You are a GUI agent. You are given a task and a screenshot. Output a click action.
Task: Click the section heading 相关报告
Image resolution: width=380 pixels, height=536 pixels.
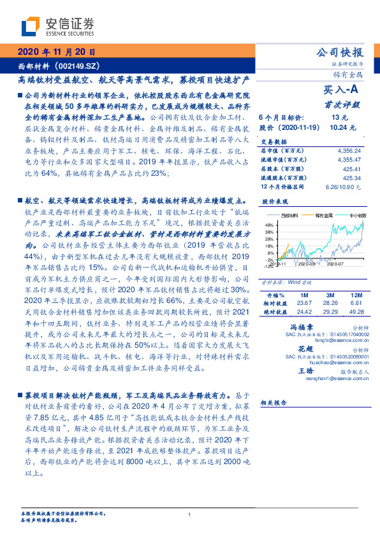(275, 403)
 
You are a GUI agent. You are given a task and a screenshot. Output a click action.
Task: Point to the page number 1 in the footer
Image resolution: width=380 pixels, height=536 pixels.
(190, 514)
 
